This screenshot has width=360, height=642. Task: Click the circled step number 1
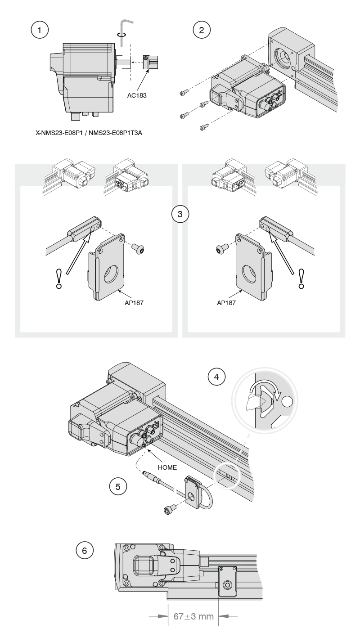(40, 30)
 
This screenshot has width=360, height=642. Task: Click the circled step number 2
(201, 30)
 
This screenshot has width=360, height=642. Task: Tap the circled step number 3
(180, 214)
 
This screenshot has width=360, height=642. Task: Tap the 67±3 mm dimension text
(193, 615)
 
